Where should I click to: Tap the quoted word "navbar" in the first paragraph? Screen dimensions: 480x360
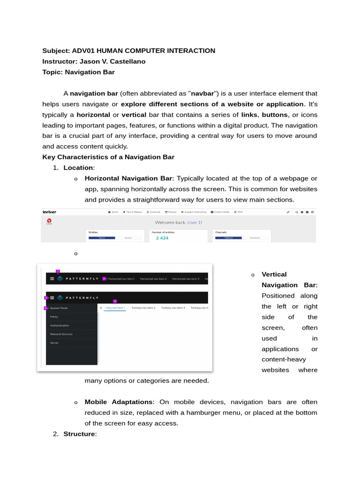click(x=202, y=93)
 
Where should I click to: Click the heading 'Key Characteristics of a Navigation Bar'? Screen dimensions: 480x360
click(x=108, y=157)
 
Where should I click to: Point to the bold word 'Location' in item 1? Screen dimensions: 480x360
click(x=78, y=168)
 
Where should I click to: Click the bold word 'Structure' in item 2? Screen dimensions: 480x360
click(x=79, y=434)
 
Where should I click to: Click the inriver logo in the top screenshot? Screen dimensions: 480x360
click(x=49, y=212)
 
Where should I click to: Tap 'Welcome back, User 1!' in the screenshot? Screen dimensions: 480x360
click(x=178, y=222)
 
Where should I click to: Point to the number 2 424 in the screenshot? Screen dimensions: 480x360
click(x=162, y=238)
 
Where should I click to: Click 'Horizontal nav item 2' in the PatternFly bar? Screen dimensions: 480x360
click(x=153, y=279)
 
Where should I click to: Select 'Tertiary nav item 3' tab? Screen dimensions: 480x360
click(x=173, y=308)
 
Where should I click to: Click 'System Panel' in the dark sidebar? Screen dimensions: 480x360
click(x=59, y=308)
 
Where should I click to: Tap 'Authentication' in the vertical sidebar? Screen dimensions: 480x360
click(x=60, y=325)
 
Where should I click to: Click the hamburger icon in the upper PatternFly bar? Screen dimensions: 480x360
click(x=52, y=278)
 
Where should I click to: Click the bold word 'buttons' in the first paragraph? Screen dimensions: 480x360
click(x=274, y=115)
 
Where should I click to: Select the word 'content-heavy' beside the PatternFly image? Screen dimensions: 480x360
click(x=284, y=360)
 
